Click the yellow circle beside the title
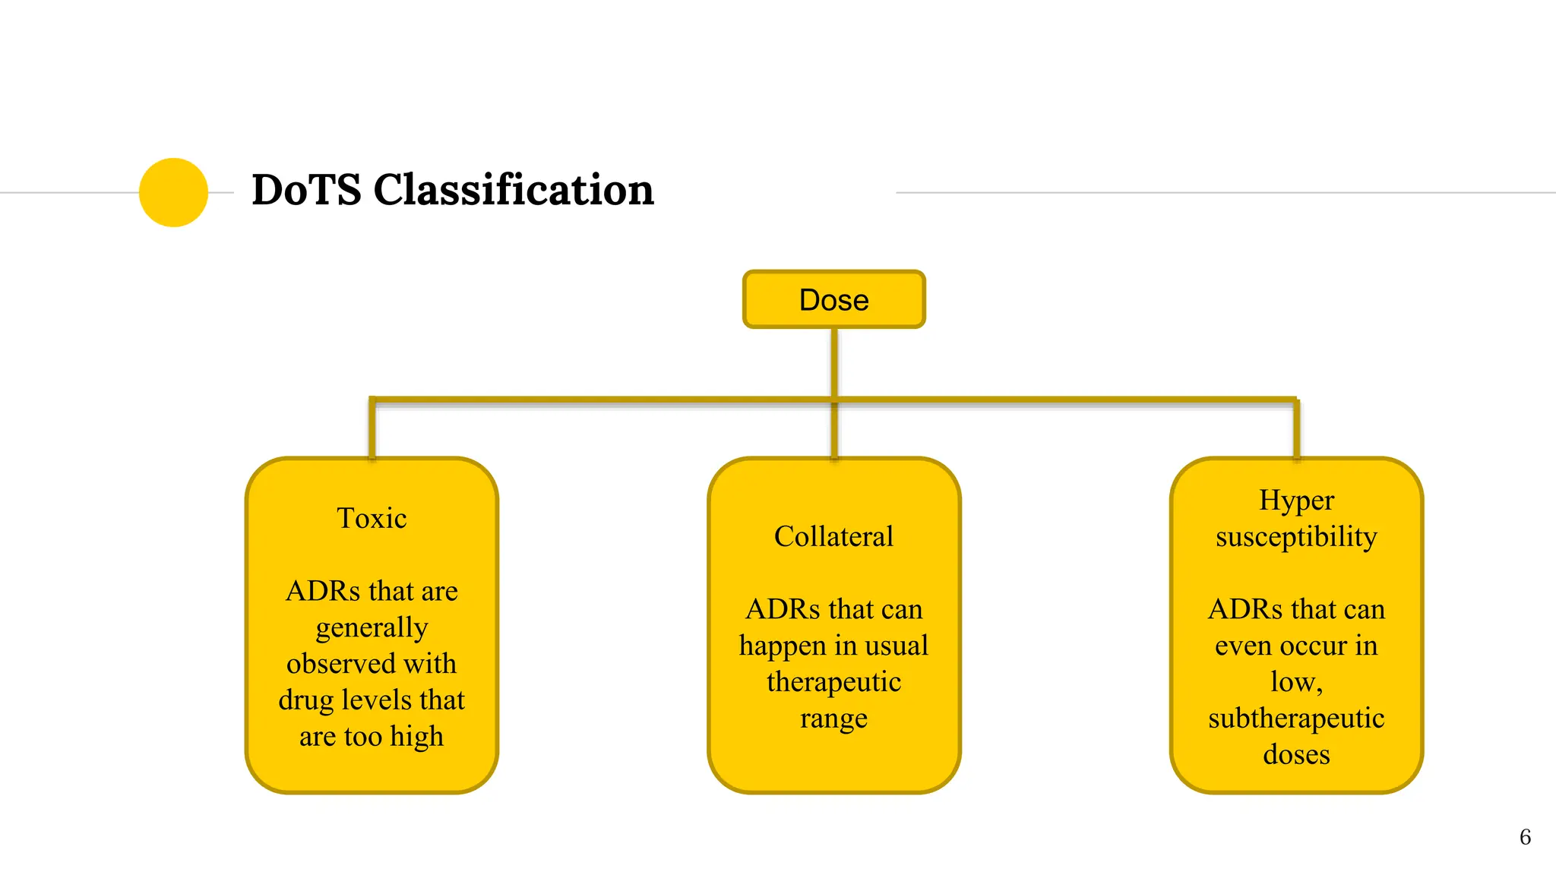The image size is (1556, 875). [173, 192]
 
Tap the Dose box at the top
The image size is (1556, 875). [833, 300]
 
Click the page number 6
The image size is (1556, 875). [1524, 837]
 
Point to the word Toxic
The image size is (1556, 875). [372, 519]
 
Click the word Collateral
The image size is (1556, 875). [833, 537]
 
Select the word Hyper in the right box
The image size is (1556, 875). [1296, 501]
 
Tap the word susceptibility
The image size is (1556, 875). [1296, 537]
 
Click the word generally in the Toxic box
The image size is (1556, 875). [372, 628]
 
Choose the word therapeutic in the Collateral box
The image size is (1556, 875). [833, 682]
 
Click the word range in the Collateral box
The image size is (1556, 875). [833, 719]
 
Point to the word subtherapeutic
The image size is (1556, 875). [1296, 719]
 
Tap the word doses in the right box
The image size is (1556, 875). [1296, 755]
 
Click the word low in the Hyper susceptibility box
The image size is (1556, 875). [1292, 682]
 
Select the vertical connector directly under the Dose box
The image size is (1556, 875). [834, 362]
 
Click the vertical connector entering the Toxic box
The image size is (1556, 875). [372, 429]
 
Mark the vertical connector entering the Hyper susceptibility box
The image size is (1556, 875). [1296, 429]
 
